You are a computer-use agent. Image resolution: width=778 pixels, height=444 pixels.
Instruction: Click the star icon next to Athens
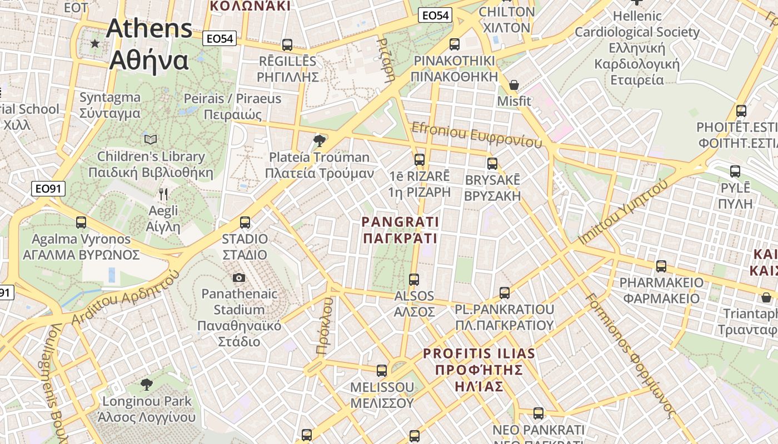95,43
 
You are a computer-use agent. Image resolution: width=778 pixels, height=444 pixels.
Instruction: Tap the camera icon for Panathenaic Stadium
239,277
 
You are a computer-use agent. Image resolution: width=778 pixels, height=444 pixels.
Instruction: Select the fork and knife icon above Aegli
163,194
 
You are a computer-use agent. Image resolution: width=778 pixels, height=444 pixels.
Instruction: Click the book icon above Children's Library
150,139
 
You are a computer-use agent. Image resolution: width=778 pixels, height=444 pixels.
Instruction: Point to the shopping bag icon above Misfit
514,85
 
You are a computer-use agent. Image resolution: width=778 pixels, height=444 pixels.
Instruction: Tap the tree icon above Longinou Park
147,384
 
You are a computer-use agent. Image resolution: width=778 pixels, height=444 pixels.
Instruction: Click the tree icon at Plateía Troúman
319,140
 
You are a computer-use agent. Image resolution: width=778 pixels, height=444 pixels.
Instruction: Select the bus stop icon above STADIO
245,223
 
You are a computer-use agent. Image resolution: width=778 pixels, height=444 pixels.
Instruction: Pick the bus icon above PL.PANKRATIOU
504,292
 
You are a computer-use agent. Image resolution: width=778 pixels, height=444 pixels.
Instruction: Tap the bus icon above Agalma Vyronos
81,223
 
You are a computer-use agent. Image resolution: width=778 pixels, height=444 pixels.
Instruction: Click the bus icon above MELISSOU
381,370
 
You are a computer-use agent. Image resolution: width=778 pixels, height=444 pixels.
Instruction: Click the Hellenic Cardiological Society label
637,48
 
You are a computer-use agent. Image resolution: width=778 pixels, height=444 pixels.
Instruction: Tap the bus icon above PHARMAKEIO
661,266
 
